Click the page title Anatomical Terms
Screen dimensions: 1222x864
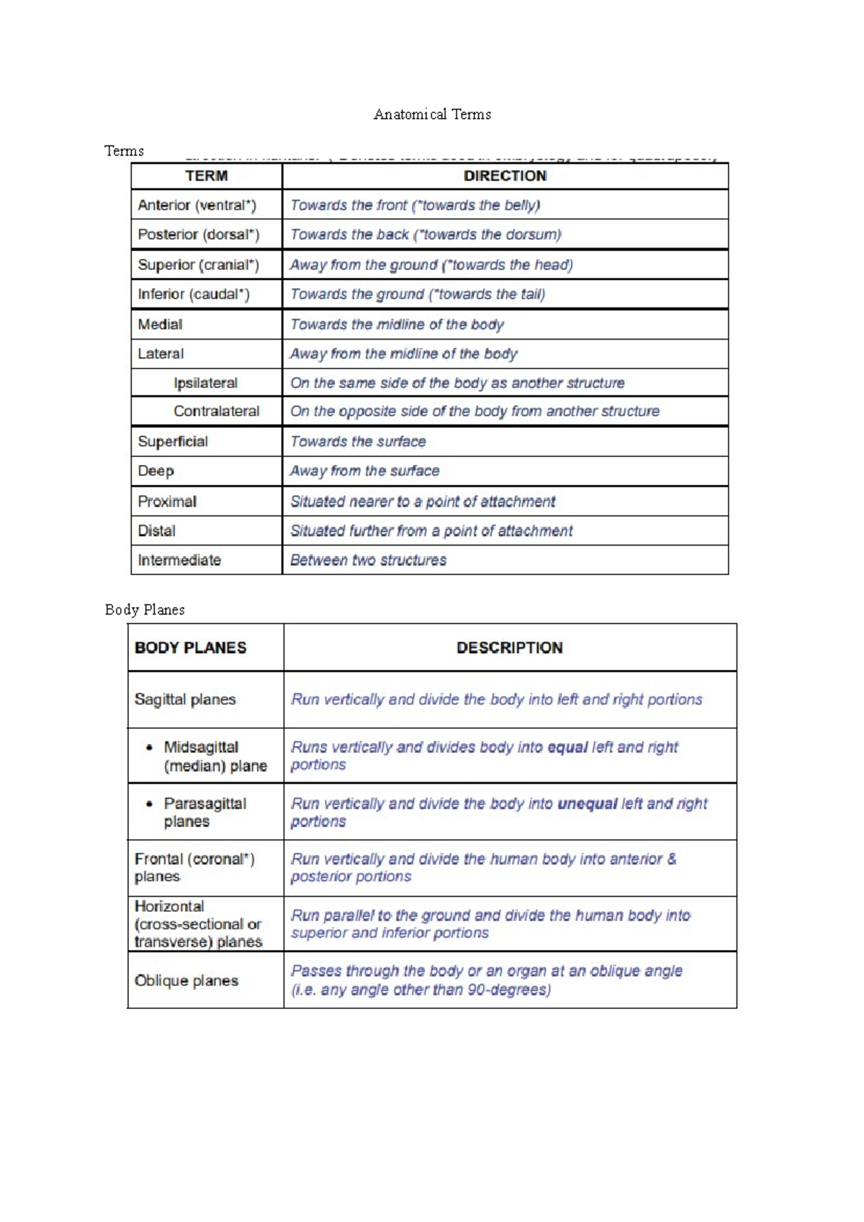pos(432,114)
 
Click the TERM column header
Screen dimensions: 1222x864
pos(207,176)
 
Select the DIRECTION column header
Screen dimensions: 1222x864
pos(505,176)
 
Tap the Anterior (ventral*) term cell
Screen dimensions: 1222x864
pos(197,205)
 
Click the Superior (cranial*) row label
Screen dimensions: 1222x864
pos(198,265)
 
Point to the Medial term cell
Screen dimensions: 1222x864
pos(160,325)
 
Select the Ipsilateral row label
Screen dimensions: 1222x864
pos(205,383)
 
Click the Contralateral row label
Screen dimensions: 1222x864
pos(216,411)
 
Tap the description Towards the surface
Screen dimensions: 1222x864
pos(358,441)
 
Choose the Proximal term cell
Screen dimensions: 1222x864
pos(167,502)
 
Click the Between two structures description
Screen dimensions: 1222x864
pos(368,560)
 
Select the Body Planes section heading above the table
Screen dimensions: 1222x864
pos(145,610)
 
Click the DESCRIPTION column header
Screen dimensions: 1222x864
pos(510,648)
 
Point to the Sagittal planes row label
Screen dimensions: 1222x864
pos(185,700)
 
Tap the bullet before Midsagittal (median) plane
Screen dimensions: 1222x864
pos(149,748)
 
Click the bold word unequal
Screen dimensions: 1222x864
pos(587,804)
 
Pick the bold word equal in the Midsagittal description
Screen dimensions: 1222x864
pos(567,747)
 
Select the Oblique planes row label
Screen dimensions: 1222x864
pos(186,981)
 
